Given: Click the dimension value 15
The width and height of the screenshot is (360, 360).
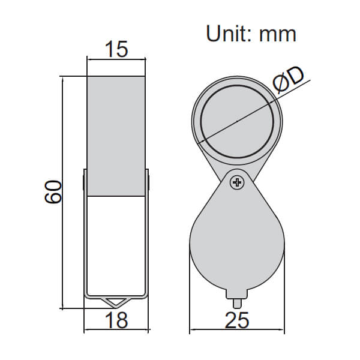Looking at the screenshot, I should pyautogui.click(x=116, y=49).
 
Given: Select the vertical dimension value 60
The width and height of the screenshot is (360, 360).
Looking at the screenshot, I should pyautogui.click(x=53, y=191).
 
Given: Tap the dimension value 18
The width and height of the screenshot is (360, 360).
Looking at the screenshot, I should pyautogui.click(x=116, y=320).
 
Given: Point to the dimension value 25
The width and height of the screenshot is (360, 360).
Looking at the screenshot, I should pyautogui.click(x=238, y=320).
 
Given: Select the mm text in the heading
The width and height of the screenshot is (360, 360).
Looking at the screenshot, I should pyautogui.click(x=278, y=35).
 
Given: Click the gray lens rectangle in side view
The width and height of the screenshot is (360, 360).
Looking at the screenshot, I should pyautogui.click(x=116, y=136).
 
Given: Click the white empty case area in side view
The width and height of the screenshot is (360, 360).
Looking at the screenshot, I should pyautogui.click(x=116, y=246).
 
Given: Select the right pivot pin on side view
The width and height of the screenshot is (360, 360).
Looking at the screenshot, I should pyautogui.click(x=148, y=180).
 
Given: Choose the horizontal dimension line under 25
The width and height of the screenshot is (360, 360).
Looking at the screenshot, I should pyautogui.click(x=238, y=331).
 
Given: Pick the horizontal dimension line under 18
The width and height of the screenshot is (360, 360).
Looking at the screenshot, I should pyautogui.click(x=116, y=331).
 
